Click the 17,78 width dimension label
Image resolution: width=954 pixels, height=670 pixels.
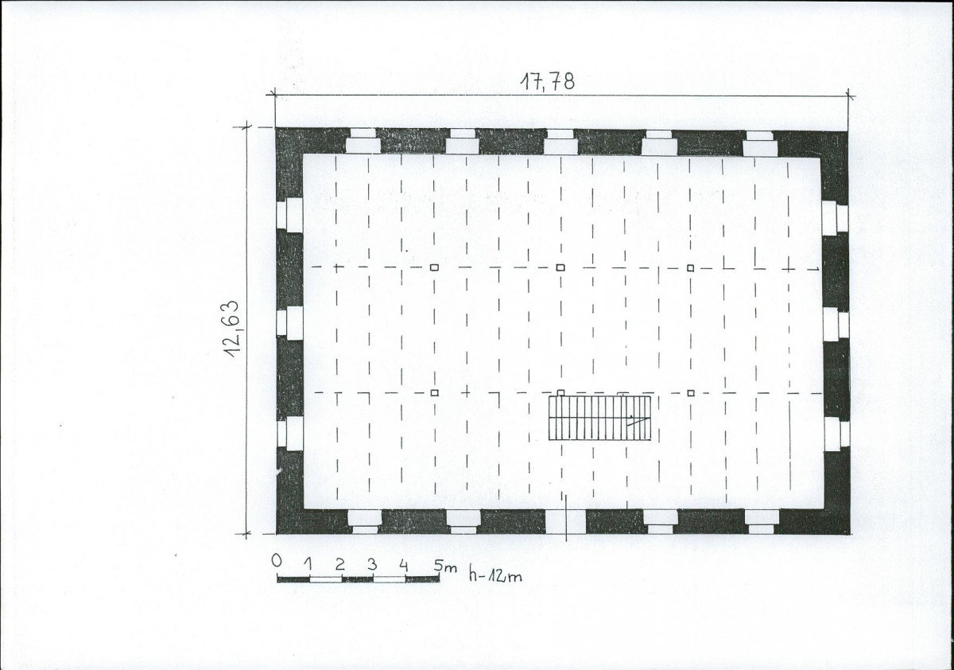[x=547, y=81]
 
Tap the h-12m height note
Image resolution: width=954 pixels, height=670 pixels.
[x=495, y=575]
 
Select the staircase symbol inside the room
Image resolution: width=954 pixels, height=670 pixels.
[x=599, y=418]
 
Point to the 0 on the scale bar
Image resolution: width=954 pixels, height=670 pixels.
[x=277, y=560]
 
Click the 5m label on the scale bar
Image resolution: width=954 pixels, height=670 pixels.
[x=445, y=567]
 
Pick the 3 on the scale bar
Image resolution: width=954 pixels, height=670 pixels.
[x=372, y=565]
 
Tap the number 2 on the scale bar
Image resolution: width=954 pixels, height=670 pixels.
[x=339, y=564]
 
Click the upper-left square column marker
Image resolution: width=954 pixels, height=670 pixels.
[x=434, y=267]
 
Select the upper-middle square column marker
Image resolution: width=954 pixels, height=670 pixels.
[x=560, y=267]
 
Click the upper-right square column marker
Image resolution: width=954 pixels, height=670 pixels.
[x=690, y=268]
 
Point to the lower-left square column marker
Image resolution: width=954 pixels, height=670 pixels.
[x=434, y=393]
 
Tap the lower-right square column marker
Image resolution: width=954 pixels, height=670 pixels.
[x=691, y=393]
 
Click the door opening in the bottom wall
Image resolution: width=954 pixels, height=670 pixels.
[x=565, y=521]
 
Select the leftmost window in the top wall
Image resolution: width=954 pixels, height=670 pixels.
[x=363, y=141]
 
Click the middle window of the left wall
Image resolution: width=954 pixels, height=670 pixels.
[x=289, y=323]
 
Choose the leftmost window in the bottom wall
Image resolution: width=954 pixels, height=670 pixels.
[x=365, y=522]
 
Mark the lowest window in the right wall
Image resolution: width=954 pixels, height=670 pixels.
[x=836, y=434]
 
